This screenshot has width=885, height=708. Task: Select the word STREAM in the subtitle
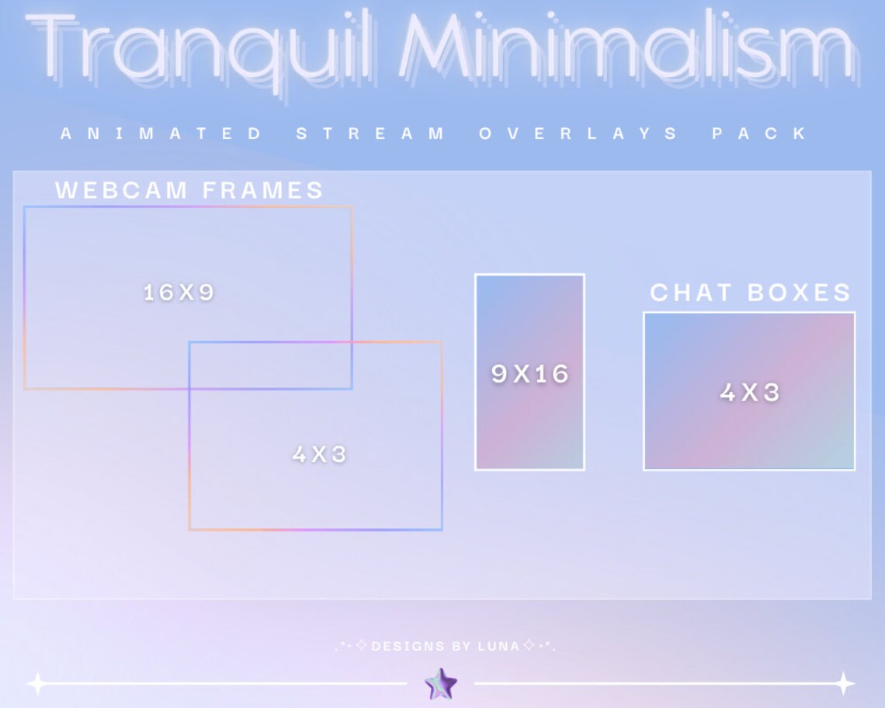point(370,134)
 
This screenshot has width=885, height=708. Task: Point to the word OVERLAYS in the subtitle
point(578,134)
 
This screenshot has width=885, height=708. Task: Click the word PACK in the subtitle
point(760,134)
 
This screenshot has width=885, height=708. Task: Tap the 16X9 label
point(179,293)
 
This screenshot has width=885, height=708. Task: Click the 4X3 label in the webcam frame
point(319,454)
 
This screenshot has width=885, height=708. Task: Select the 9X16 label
point(530,374)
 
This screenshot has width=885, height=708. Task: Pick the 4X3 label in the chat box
point(749,393)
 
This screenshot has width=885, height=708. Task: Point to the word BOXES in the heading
point(800,293)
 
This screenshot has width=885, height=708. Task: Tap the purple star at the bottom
point(441,684)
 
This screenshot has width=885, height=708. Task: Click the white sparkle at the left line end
point(36,684)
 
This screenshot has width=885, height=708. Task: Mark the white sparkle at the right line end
point(844,684)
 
